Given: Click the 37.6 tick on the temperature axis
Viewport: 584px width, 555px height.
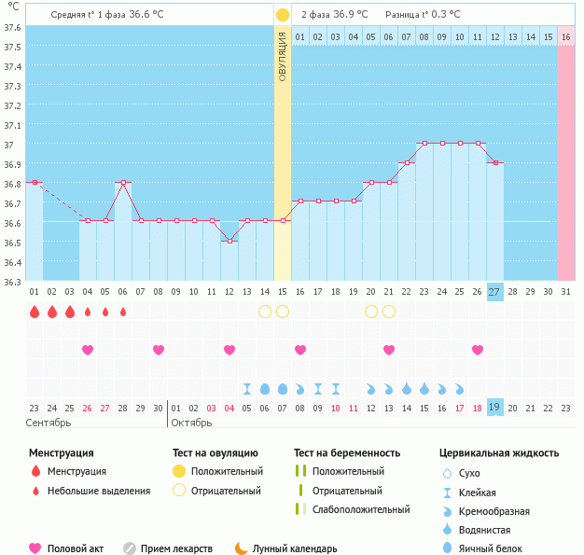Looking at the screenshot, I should point(13,27).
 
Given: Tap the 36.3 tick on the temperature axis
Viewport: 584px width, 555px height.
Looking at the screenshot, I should point(13,282).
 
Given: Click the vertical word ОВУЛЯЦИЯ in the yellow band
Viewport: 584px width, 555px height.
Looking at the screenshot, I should point(283,56).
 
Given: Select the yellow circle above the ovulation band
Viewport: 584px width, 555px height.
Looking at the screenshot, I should point(283,15).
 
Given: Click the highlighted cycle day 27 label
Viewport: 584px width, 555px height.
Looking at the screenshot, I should point(495,292).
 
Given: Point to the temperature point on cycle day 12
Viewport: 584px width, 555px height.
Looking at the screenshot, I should point(229,241).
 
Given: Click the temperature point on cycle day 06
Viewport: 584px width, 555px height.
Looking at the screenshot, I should point(123,183).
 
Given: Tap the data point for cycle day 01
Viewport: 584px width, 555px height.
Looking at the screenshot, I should point(35,183).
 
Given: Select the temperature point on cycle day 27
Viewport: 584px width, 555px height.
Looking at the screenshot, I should point(495,163).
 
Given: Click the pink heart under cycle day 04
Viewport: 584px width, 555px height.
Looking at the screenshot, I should point(88,350).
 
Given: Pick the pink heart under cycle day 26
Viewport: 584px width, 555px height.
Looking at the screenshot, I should point(478,350).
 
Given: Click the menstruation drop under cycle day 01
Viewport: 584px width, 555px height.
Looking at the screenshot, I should point(35,312).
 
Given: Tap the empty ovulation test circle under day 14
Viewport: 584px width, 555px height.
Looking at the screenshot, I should point(265,311).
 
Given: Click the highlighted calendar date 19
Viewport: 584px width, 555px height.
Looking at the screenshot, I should point(495,408).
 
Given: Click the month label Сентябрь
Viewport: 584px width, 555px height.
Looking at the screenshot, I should point(49,423).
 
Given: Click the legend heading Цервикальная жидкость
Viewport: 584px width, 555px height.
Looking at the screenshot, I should point(499,453).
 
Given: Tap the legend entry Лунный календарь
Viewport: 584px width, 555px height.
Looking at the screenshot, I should point(301,549).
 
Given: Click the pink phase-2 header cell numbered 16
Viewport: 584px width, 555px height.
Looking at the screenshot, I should point(566,36).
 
